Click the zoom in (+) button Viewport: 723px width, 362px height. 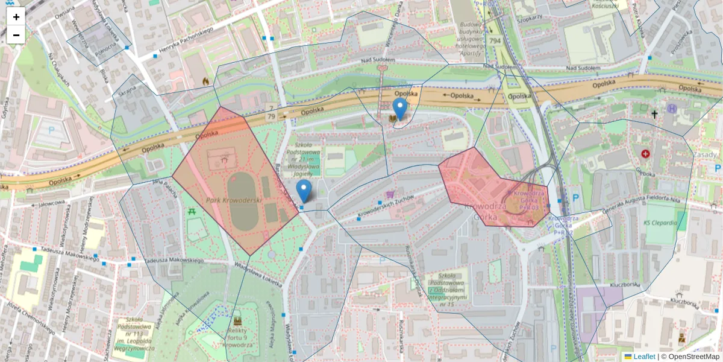[x=16, y=17]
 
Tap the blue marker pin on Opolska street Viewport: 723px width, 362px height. [x=399, y=109]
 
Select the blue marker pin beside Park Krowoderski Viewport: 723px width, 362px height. [x=304, y=191]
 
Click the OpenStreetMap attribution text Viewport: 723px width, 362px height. [x=690, y=357]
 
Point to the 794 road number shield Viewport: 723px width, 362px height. [x=495, y=41]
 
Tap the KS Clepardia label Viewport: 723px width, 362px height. [x=660, y=223]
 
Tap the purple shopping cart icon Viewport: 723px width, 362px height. [x=390, y=195]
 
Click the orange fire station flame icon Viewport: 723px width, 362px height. [x=206, y=80]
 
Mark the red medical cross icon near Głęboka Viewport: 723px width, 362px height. [x=646, y=154]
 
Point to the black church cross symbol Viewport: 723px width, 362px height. [x=654, y=113]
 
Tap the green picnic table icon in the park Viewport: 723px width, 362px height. [x=192, y=212]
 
